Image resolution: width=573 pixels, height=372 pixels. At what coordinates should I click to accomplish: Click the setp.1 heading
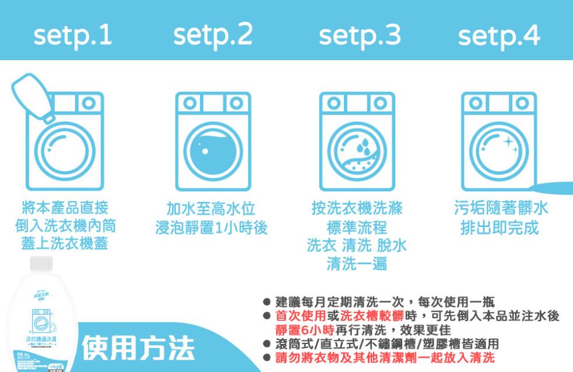point(73,36)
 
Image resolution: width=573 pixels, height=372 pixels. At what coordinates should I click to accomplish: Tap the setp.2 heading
point(213,36)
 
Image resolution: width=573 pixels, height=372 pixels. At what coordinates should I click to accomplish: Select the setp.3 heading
point(360,36)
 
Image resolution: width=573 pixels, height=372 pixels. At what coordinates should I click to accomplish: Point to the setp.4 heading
point(499,36)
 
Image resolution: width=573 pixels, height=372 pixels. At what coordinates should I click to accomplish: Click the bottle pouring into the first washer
point(33,97)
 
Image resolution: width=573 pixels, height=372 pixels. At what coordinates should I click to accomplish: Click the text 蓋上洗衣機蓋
point(65,243)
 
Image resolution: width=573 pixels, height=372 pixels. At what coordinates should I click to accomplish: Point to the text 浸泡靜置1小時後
point(211,228)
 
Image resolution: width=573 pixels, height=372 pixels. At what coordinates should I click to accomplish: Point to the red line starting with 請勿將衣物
point(385,357)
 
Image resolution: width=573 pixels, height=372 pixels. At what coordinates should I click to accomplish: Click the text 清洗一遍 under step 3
point(357,263)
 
